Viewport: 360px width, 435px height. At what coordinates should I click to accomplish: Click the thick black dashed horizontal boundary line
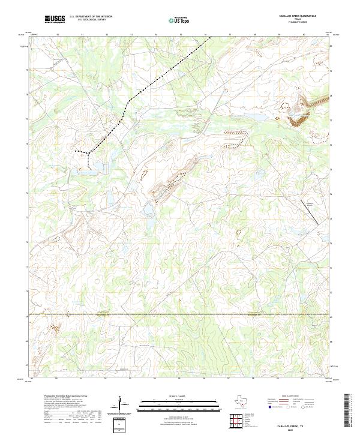[x=180, y=314]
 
